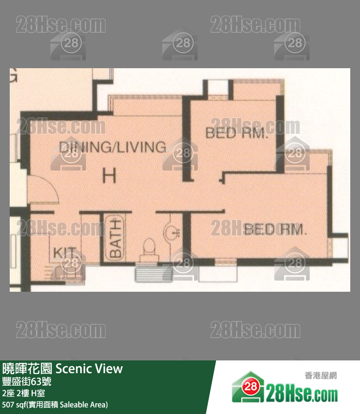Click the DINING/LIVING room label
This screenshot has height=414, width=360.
click(x=112, y=147)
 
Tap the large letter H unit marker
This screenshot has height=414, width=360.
click(x=109, y=175)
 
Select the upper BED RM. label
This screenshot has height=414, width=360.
click(x=236, y=133)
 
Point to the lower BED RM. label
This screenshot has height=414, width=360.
click(x=275, y=229)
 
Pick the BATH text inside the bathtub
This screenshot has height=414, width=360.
click(x=115, y=239)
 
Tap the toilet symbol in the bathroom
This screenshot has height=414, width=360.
click(x=148, y=246)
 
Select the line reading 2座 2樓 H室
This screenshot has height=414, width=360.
click(x=23, y=393)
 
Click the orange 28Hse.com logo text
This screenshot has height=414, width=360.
click(x=302, y=393)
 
